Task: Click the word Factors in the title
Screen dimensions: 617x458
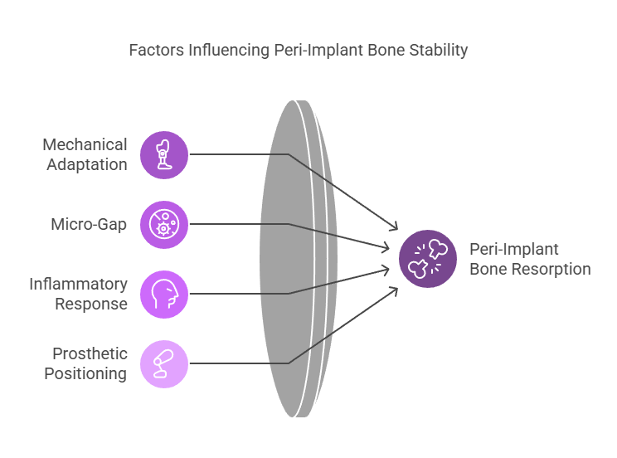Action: [156, 50]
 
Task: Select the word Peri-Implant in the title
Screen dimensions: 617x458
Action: [318, 51]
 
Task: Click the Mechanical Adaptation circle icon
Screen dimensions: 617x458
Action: [164, 155]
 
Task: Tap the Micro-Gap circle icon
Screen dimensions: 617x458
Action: [164, 225]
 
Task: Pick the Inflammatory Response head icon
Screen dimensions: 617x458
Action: [164, 295]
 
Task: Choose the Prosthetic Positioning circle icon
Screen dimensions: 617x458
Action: [164, 364]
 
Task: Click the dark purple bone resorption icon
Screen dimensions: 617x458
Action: [428, 259]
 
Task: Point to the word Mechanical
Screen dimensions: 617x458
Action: [85, 144]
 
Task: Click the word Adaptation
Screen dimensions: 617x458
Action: [87, 164]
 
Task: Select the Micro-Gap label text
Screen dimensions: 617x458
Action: [89, 225]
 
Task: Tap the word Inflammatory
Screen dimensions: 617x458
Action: [78, 284]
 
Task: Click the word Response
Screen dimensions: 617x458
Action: [91, 304]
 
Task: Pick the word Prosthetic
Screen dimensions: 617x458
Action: [90, 353]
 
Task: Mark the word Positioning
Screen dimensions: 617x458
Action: [85, 373]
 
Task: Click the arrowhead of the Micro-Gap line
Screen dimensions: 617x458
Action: [386, 248]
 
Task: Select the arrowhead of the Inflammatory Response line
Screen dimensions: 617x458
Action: [386, 270]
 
